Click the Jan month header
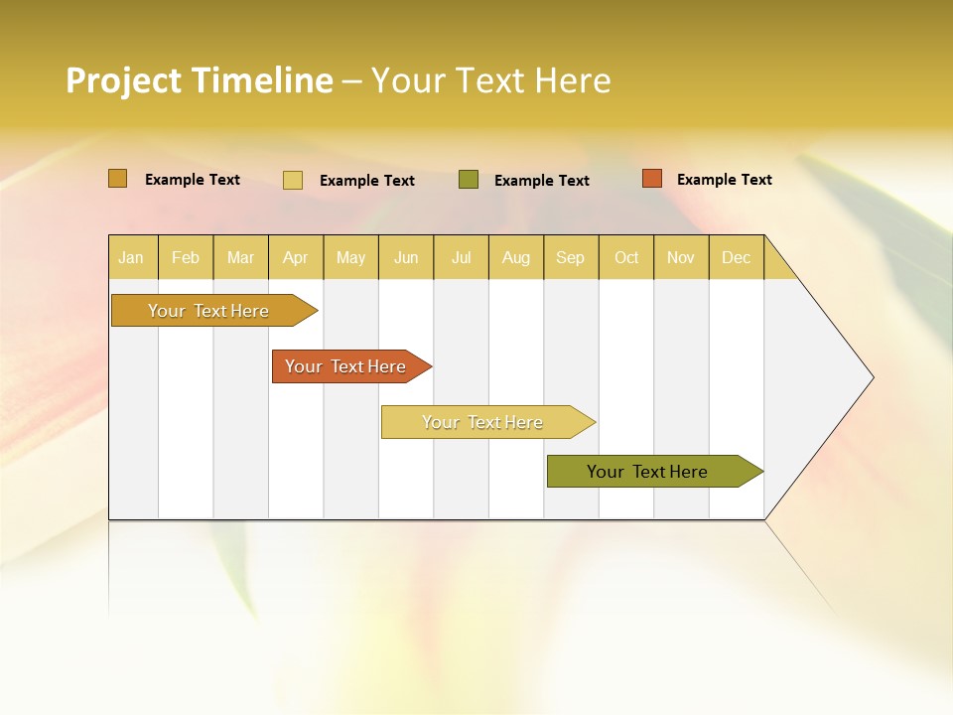(131, 257)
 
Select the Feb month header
(186, 257)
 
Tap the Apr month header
(295, 257)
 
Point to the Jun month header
(406, 257)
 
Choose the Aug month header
(515, 257)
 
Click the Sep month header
(570, 257)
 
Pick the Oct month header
(626, 257)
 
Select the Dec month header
(736, 257)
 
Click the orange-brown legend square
(117, 179)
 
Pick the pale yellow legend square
(293, 180)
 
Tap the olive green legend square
(469, 179)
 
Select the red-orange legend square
(651, 179)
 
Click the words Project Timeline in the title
(199, 80)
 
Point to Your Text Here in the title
(490, 80)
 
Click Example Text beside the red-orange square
(724, 180)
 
